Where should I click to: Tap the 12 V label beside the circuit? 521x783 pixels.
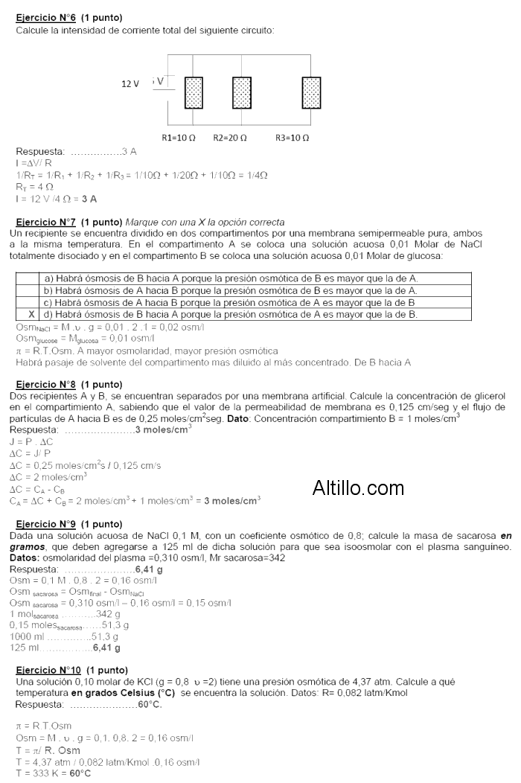pos(130,84)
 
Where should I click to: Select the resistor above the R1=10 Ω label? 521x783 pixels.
pos(194,92)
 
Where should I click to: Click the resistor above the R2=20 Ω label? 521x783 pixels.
pos(241,92)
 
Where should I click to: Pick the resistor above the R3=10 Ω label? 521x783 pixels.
pos(311,92)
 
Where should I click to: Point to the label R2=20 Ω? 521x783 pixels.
pos(230,138)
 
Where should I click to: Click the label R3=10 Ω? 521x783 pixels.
pos(292,138)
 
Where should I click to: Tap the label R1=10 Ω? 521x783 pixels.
pos(179,138)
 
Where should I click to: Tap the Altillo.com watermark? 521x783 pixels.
pos(358,488)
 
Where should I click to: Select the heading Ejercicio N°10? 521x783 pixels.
pos(48,670)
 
